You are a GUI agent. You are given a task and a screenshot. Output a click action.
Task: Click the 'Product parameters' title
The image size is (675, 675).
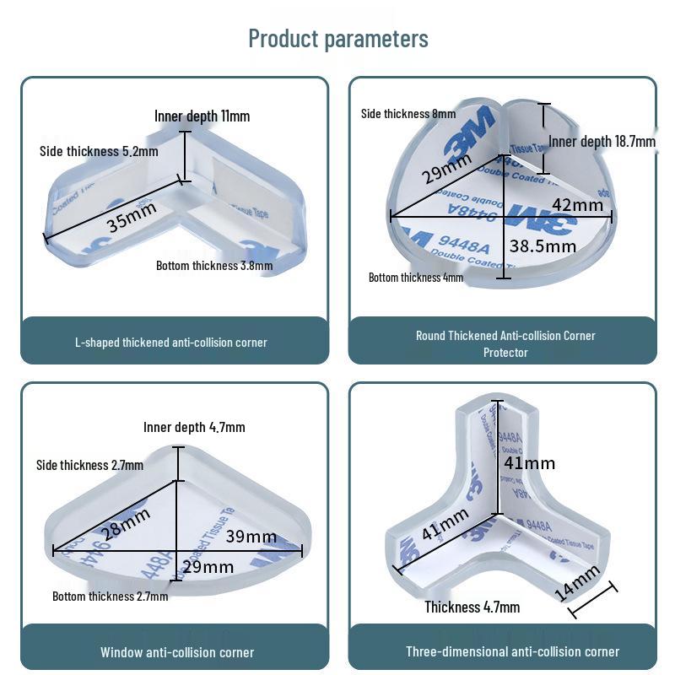coord(337,39)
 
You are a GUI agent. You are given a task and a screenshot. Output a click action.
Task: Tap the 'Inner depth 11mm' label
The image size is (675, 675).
coord(202,116)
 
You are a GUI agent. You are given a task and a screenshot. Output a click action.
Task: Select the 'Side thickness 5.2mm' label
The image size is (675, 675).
coord(99,151)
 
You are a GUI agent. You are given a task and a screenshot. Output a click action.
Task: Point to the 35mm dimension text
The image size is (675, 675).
coord(132,221)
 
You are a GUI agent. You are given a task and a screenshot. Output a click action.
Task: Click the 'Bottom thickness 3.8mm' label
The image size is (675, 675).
coord(214,266)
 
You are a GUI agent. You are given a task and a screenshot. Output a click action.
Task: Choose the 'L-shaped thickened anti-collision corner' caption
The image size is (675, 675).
coord(171,343)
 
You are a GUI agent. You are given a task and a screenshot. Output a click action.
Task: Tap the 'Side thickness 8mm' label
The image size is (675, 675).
coord(408,114)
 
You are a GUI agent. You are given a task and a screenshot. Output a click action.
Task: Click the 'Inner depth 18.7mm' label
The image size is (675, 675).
coord(602,141)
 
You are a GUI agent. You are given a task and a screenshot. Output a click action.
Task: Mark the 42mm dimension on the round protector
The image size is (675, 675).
coord(577,205)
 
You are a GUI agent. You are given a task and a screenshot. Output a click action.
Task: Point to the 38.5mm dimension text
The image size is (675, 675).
coord(543,246)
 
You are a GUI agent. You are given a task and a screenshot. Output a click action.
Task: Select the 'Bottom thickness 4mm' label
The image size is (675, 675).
coord(416,277)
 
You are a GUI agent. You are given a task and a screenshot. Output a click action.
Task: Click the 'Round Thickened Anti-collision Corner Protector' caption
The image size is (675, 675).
coord(505,343)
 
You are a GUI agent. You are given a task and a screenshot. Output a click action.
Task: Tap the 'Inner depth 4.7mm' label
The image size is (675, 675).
coord(194,428)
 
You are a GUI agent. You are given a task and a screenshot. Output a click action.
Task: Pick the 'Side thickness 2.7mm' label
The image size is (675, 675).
coord(89,465)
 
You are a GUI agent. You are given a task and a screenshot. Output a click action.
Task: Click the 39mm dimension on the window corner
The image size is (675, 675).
coord(251,537)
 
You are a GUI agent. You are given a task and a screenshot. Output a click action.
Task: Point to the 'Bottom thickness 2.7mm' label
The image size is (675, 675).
coord(110,597)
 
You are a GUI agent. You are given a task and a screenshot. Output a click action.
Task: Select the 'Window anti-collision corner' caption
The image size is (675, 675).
coord(177,652)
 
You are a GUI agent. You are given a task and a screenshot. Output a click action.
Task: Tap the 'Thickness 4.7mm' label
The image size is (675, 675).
coord(472,607)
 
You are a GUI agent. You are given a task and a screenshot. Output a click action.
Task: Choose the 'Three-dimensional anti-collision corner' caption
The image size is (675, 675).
coord(512,651)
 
